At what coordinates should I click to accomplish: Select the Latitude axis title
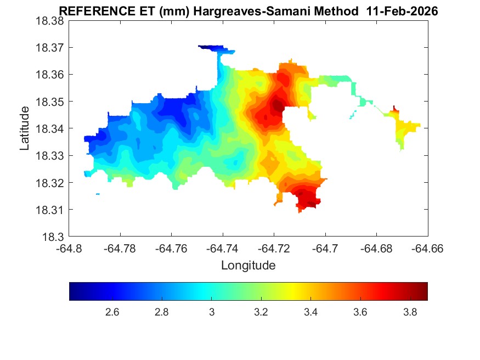[x=25, y=128]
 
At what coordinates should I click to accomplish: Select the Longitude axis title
[x=248, y=266]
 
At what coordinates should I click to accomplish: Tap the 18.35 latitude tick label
[x=50, y=102]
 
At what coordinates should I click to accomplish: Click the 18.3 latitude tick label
[x=54, y=237]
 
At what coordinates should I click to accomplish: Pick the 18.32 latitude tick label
[x=50, y=183]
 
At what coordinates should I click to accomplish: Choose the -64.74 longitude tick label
[x=222, y=249]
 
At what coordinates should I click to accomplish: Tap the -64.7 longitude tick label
[x=325, y=249]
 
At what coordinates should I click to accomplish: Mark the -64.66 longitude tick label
[x=427, y=249]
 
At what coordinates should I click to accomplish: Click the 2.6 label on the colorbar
[x=112, y=312]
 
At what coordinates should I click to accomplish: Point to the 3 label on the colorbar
[x=211, y=312]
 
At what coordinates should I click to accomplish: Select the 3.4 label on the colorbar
[x=310, y=312]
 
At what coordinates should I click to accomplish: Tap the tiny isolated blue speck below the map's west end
[x=98, y=194]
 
